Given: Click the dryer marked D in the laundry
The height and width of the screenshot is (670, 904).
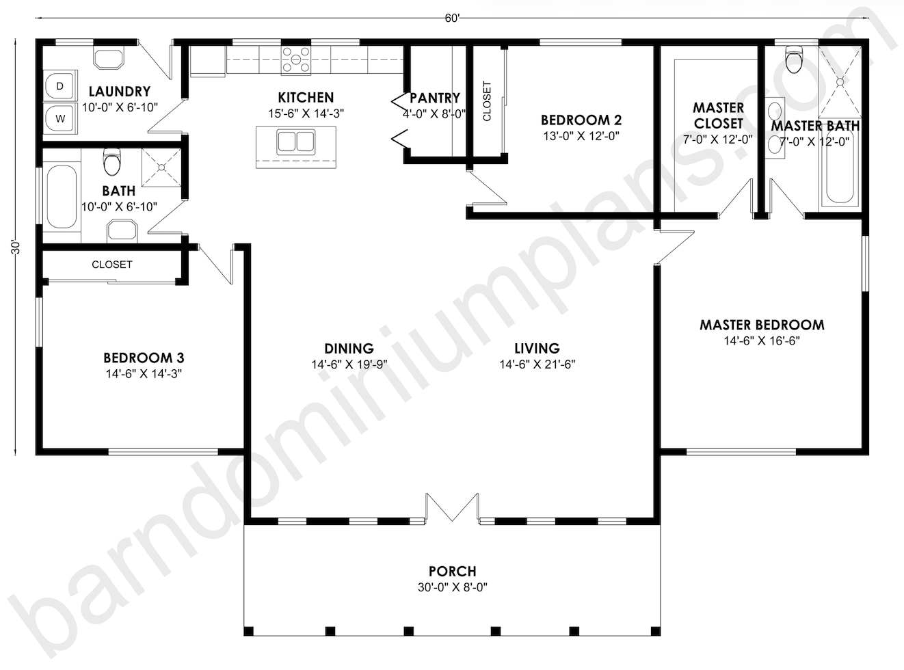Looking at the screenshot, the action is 60,85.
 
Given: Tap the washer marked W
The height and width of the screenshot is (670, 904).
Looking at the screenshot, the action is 60,118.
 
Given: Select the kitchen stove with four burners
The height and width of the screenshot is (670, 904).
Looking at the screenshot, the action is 296,60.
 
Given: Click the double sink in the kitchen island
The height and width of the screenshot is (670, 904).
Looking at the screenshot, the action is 296,142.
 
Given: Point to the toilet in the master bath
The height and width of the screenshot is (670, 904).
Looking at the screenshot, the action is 793,59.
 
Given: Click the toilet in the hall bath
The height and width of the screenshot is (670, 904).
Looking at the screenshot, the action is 112,161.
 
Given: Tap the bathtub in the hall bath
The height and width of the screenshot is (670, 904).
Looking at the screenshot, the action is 62,196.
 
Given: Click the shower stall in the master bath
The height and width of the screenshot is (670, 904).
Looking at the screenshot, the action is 840,81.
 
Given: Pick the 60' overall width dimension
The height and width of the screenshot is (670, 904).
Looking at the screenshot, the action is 452,18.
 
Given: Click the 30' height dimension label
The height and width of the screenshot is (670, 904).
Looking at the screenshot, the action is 15,247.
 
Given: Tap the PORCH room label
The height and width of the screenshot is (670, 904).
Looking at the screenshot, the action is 453,572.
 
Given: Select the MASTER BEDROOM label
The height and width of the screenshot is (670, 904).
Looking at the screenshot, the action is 762,325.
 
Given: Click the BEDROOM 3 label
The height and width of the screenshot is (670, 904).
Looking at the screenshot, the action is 144,358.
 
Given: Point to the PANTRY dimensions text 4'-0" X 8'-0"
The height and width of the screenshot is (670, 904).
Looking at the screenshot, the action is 434,114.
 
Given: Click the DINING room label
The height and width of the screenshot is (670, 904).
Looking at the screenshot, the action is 349,349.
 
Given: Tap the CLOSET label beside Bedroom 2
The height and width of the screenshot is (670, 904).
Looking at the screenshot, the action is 487,101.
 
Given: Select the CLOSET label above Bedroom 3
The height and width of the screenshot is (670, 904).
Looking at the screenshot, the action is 112,265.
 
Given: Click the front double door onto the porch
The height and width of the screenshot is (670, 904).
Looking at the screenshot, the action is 452,508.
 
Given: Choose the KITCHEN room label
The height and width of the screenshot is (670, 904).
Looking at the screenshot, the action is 306,97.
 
